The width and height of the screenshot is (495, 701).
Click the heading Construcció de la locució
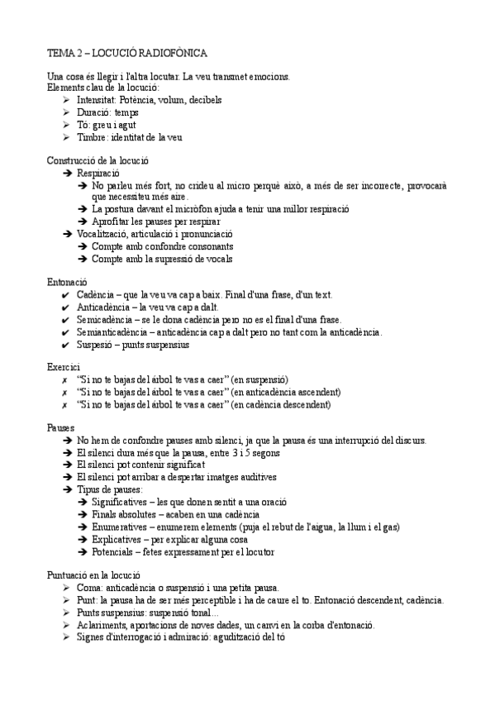click(98, 160)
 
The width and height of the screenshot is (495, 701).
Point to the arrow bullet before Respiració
click(67, 174)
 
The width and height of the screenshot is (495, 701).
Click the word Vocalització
click(104, 235)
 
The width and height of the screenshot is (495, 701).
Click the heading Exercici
click(64, 366)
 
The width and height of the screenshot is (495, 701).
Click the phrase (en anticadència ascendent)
click(286, 392)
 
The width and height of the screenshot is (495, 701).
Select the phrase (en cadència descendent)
click(282, 404)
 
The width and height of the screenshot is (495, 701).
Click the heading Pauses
click(63, 427)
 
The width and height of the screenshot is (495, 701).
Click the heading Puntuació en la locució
click(95, 575)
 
